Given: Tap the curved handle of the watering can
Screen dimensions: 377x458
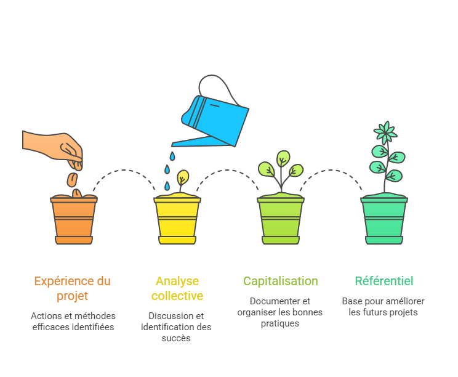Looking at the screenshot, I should coord(219,86).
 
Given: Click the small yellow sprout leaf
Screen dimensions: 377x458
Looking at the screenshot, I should coord(182,177).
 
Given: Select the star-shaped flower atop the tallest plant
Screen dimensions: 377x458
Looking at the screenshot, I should coord(385,132).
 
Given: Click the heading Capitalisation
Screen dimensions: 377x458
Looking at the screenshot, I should coord(280,281).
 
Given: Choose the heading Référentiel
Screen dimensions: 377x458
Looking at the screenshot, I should coord(384,281).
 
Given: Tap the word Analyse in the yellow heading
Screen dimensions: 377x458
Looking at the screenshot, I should coord(177,281).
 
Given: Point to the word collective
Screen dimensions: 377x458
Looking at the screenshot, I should coord(177,296).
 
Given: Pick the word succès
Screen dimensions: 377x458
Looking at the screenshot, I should coord(176,338).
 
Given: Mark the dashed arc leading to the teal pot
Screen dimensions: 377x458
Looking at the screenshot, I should coord(331,171).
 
